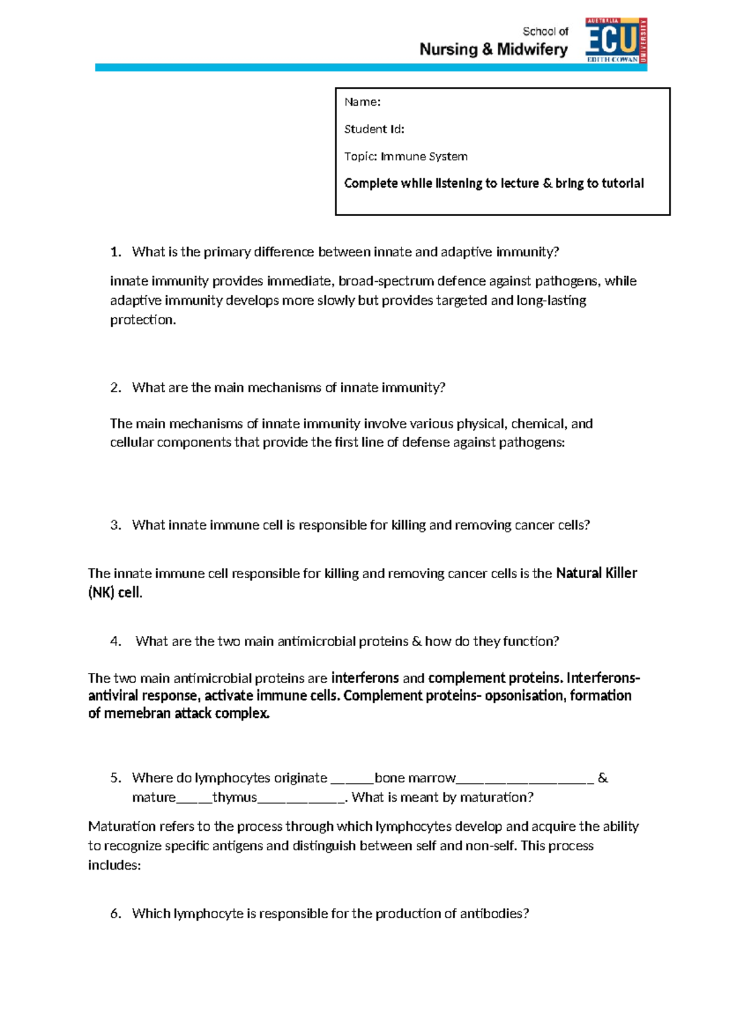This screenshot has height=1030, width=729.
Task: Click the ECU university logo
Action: (x=615, y=40)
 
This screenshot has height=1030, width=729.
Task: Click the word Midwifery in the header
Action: (x=532, y=50)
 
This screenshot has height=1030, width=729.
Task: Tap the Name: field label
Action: (x=362, y=102)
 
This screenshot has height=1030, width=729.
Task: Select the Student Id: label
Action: (x=374, y=129)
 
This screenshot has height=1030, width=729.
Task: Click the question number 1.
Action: (x=115, y=252)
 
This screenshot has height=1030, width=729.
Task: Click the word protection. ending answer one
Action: (x=143, y=320)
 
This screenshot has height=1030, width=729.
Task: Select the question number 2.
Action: (x=115, y=388)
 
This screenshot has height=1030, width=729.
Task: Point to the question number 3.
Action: (x=115, y=525)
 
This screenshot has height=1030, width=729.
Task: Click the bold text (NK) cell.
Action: (x=115, y=593)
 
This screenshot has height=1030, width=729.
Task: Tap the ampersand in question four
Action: (x=416, y=642)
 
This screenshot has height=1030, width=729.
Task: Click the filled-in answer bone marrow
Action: (x=415, y=779)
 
